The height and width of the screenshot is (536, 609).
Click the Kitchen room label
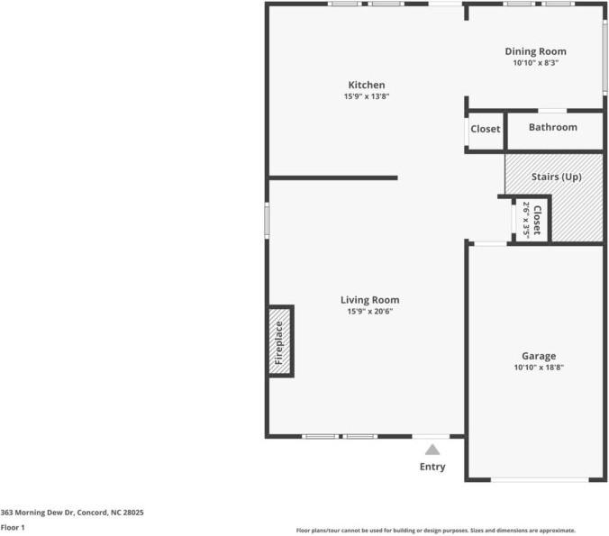[367, 85]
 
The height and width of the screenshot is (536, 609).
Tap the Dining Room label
[535, 51]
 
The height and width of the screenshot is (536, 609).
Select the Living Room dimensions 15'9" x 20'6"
[369, 311]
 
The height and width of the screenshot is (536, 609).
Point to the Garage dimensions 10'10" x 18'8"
[539, 367]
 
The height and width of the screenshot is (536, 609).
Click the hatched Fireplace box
[280, 341]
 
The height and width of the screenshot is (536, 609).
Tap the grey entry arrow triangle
[432, 450]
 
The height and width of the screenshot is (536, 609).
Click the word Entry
[432, 467]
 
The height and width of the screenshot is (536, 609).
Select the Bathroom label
[552, 127]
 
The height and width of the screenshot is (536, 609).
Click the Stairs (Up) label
[556, 177]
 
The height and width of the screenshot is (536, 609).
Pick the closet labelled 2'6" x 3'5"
[531, 220]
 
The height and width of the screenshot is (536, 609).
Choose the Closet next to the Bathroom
[486, 129]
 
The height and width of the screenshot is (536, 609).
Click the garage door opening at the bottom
[540, 480]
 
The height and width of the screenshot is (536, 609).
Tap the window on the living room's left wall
[267, 220]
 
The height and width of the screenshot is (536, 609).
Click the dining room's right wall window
[604, 57]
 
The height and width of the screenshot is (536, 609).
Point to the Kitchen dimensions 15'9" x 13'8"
[367, 96]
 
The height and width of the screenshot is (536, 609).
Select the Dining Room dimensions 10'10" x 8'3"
[536, 63]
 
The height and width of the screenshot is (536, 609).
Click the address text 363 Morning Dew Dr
[37, 513]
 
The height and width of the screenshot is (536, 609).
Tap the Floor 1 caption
[13, 528]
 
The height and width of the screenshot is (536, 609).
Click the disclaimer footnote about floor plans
[436, 531]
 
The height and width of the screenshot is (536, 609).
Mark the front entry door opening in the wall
[432, 437]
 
